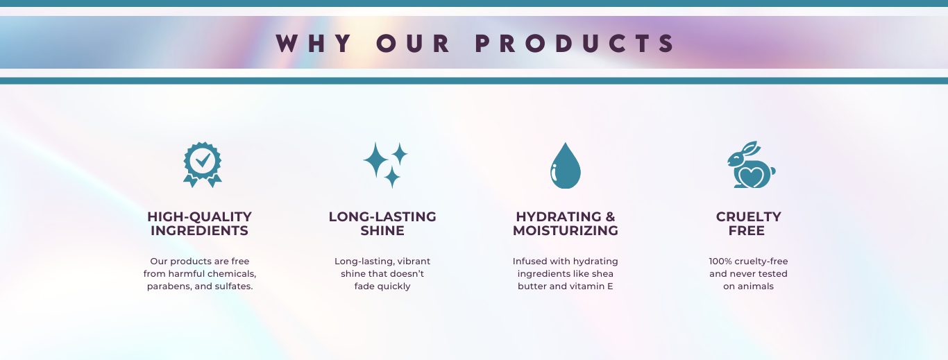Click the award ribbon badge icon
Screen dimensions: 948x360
(202, 165)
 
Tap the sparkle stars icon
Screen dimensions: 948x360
(385, 165)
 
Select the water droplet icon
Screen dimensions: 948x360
(566, 165)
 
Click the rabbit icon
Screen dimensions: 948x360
(751, 165)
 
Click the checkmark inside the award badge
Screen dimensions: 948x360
(203, 160)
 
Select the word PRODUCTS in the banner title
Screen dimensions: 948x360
(575, 43)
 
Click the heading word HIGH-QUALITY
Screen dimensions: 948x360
(199, 216)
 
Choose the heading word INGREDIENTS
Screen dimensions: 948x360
(199, 230)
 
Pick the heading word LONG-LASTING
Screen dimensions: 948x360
(382, 216)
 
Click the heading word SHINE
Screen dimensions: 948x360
(382, 230)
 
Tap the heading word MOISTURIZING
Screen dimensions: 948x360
(566, 230)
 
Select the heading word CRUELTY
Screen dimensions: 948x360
(748, 216)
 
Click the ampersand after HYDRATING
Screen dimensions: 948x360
(610, 216)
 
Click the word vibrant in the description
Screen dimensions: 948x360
(414, 262)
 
